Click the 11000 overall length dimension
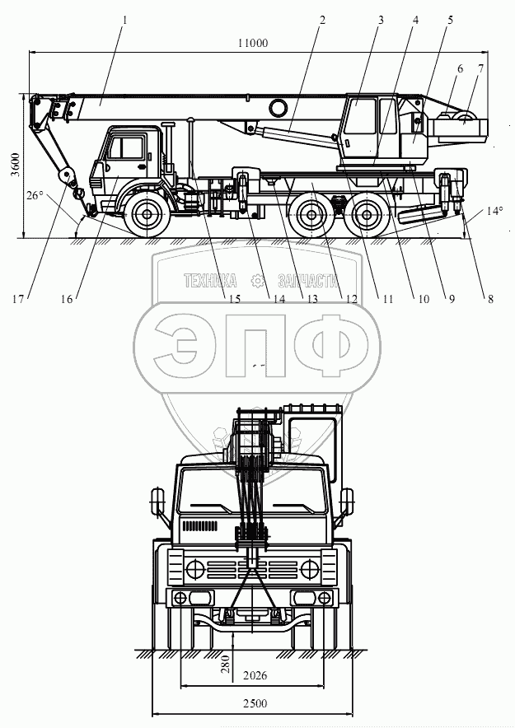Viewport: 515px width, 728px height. click(x=253, y=43)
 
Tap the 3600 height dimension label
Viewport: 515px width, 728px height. click(x=16, y=165)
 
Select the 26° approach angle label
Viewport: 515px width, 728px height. click(x=34, y=195)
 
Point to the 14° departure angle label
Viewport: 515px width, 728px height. click(x=495, y=212)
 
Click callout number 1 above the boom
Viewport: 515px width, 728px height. click(x=124, y=20)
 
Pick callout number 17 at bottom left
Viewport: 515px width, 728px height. click(x=17, y=300)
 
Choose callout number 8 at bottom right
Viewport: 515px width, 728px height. click(x=490, y=300)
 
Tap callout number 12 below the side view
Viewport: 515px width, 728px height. click(x=352, y=300)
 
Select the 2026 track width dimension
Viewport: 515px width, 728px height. click(x=255, y=675)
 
